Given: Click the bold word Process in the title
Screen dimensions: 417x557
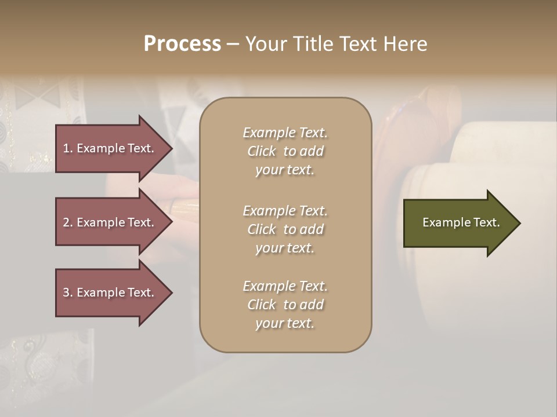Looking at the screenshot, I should pyautogui.click(x=182, y=44).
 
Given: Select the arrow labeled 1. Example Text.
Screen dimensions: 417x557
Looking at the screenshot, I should pyautogui.click(x=110, y=148).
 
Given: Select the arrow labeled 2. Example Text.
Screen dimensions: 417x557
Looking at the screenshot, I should pyautogui.click(x=110, y=222).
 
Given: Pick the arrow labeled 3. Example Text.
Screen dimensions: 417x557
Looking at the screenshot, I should pyautogui.click(x=110, y=292).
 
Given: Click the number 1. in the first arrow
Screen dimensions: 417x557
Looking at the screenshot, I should pyautogui.click(x=68, y=148).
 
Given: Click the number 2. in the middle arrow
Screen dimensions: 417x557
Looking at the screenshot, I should pyautogui.click(x=68, y=222).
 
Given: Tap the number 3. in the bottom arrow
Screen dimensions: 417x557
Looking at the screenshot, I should pyautogui.click(x=68, y=292).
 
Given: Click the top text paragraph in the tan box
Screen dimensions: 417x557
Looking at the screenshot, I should pyautogui.click(x=285, y=151).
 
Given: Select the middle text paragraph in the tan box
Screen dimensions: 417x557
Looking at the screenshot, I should pyautogui.click(x=285, y=229).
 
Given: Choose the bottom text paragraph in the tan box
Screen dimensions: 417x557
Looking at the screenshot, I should pyautogui.click(x=285, y=305).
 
